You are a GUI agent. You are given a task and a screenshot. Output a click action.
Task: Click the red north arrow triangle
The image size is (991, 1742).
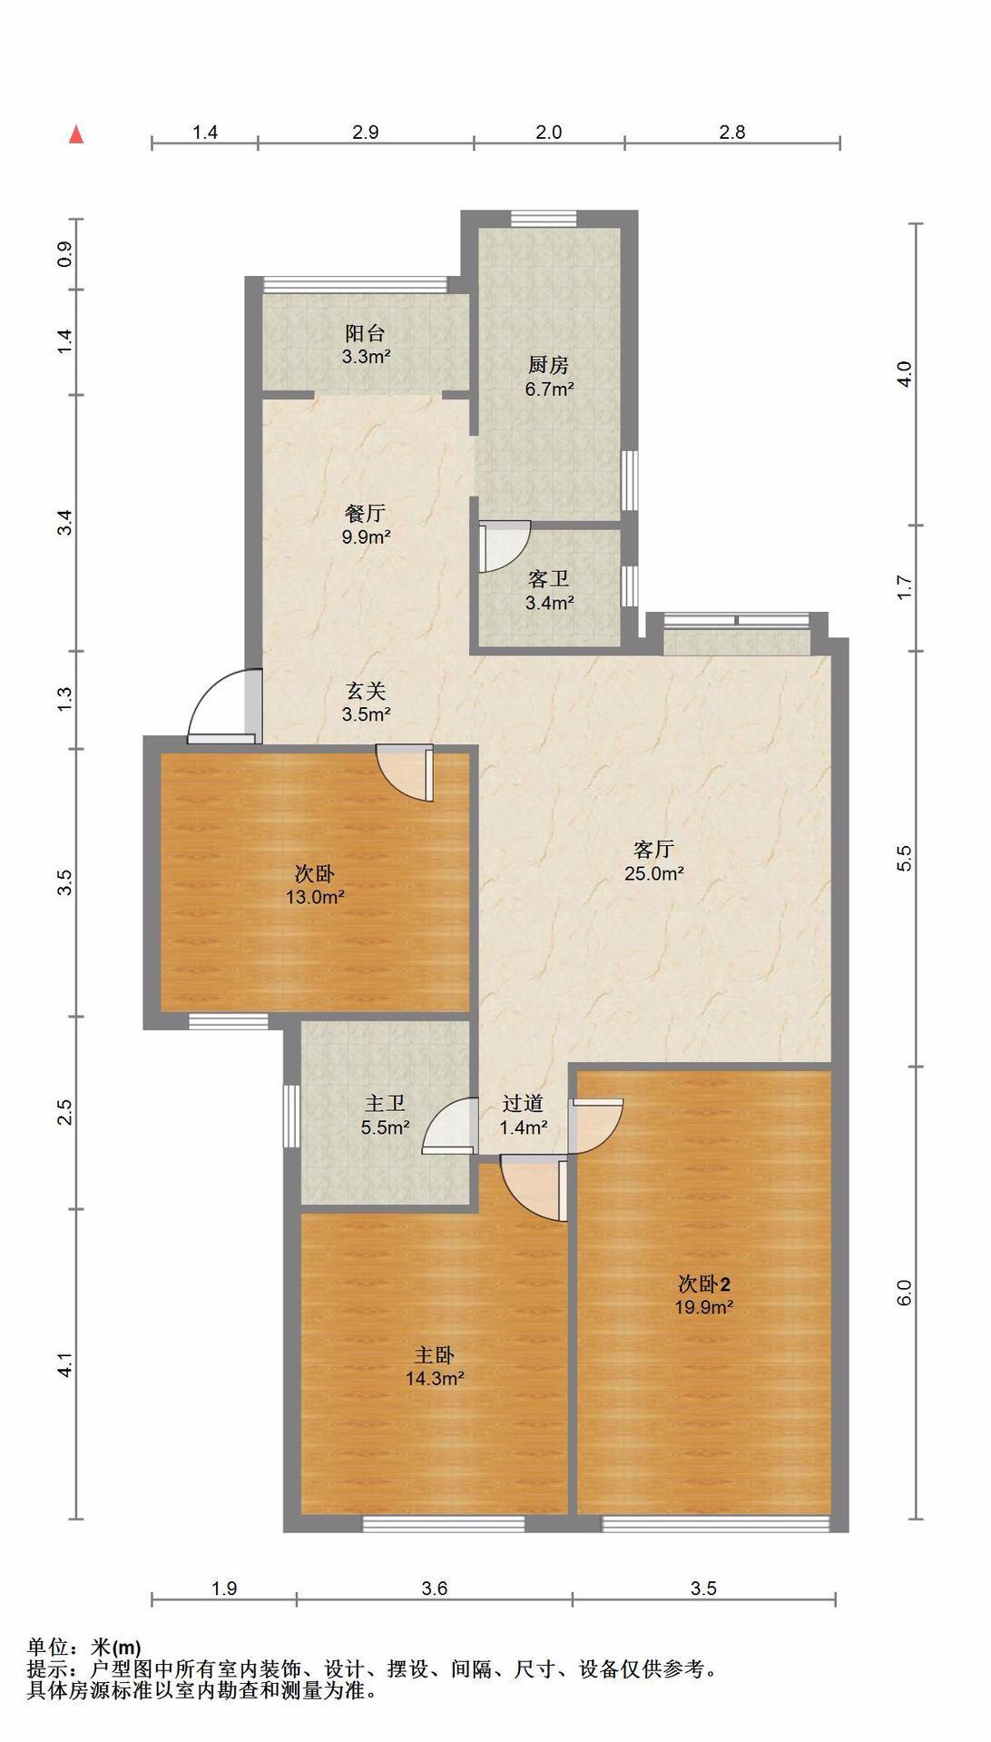[x=77, y=135]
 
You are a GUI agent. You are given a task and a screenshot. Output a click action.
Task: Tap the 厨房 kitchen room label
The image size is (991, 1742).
[x=548, y=366]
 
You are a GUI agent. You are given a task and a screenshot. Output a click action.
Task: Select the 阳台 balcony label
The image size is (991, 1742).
[x=365, y=333]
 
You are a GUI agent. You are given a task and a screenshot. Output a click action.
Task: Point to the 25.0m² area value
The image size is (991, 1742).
[x=653, y=874]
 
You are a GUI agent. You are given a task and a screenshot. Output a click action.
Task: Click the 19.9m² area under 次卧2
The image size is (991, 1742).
[x=703, y=1308]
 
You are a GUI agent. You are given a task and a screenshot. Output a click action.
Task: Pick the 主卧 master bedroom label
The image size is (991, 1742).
[x=435, y=1355]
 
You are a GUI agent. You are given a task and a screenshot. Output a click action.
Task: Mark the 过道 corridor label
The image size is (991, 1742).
[x=524, y=1103]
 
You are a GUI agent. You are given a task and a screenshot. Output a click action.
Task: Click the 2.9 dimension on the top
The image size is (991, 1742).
[x=365, y=133]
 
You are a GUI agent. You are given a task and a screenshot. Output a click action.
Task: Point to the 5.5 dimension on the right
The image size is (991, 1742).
[x=904, y=859]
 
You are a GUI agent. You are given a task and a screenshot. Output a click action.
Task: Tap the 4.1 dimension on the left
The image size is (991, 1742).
[x=64, y=1364]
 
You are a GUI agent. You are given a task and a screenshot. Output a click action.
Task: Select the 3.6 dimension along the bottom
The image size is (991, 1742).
[x=435, y=1589]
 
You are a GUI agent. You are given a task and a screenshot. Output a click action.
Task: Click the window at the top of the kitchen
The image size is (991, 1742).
[x=543, y=219]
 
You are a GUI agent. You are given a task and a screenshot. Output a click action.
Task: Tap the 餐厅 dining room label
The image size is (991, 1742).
[x=365, y=513]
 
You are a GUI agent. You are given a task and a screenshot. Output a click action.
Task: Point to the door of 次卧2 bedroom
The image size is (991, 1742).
[x=596, y=1126]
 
